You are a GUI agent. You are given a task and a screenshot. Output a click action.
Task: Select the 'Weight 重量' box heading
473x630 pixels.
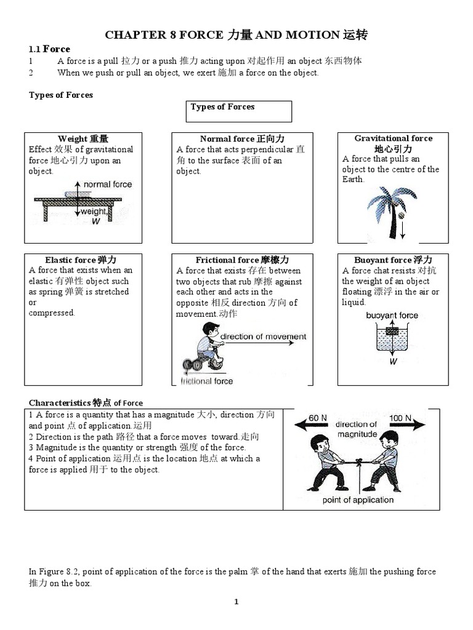[83, 139]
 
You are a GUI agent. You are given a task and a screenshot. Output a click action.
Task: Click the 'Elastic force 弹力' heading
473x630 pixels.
[81, 260]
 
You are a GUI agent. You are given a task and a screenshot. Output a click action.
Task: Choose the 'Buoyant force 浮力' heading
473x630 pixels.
[393, 260]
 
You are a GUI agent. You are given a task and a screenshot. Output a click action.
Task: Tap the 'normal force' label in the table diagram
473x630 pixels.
[107, 184]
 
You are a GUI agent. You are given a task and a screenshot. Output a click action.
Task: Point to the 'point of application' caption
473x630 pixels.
[358, 500]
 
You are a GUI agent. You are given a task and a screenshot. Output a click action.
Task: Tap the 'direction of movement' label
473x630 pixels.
[263, 337]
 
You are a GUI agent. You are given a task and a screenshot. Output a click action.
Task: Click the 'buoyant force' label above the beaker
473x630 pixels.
[392, 316]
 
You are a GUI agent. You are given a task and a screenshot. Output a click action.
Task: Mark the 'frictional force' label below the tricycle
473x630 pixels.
[206, 381]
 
